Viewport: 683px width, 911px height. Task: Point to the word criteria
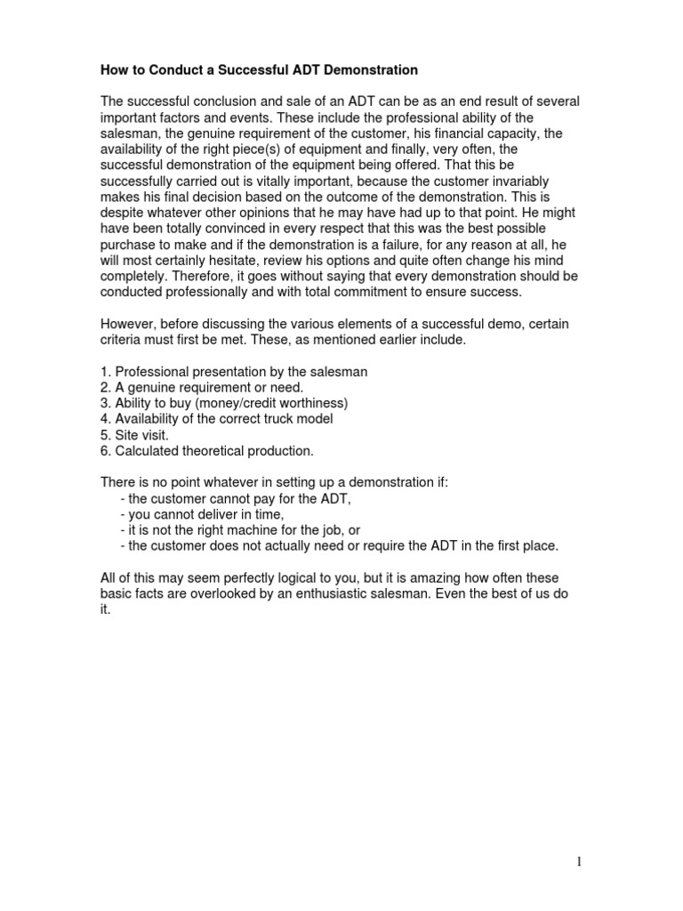[123, 341]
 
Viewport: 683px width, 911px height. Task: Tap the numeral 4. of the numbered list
[106, 419]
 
